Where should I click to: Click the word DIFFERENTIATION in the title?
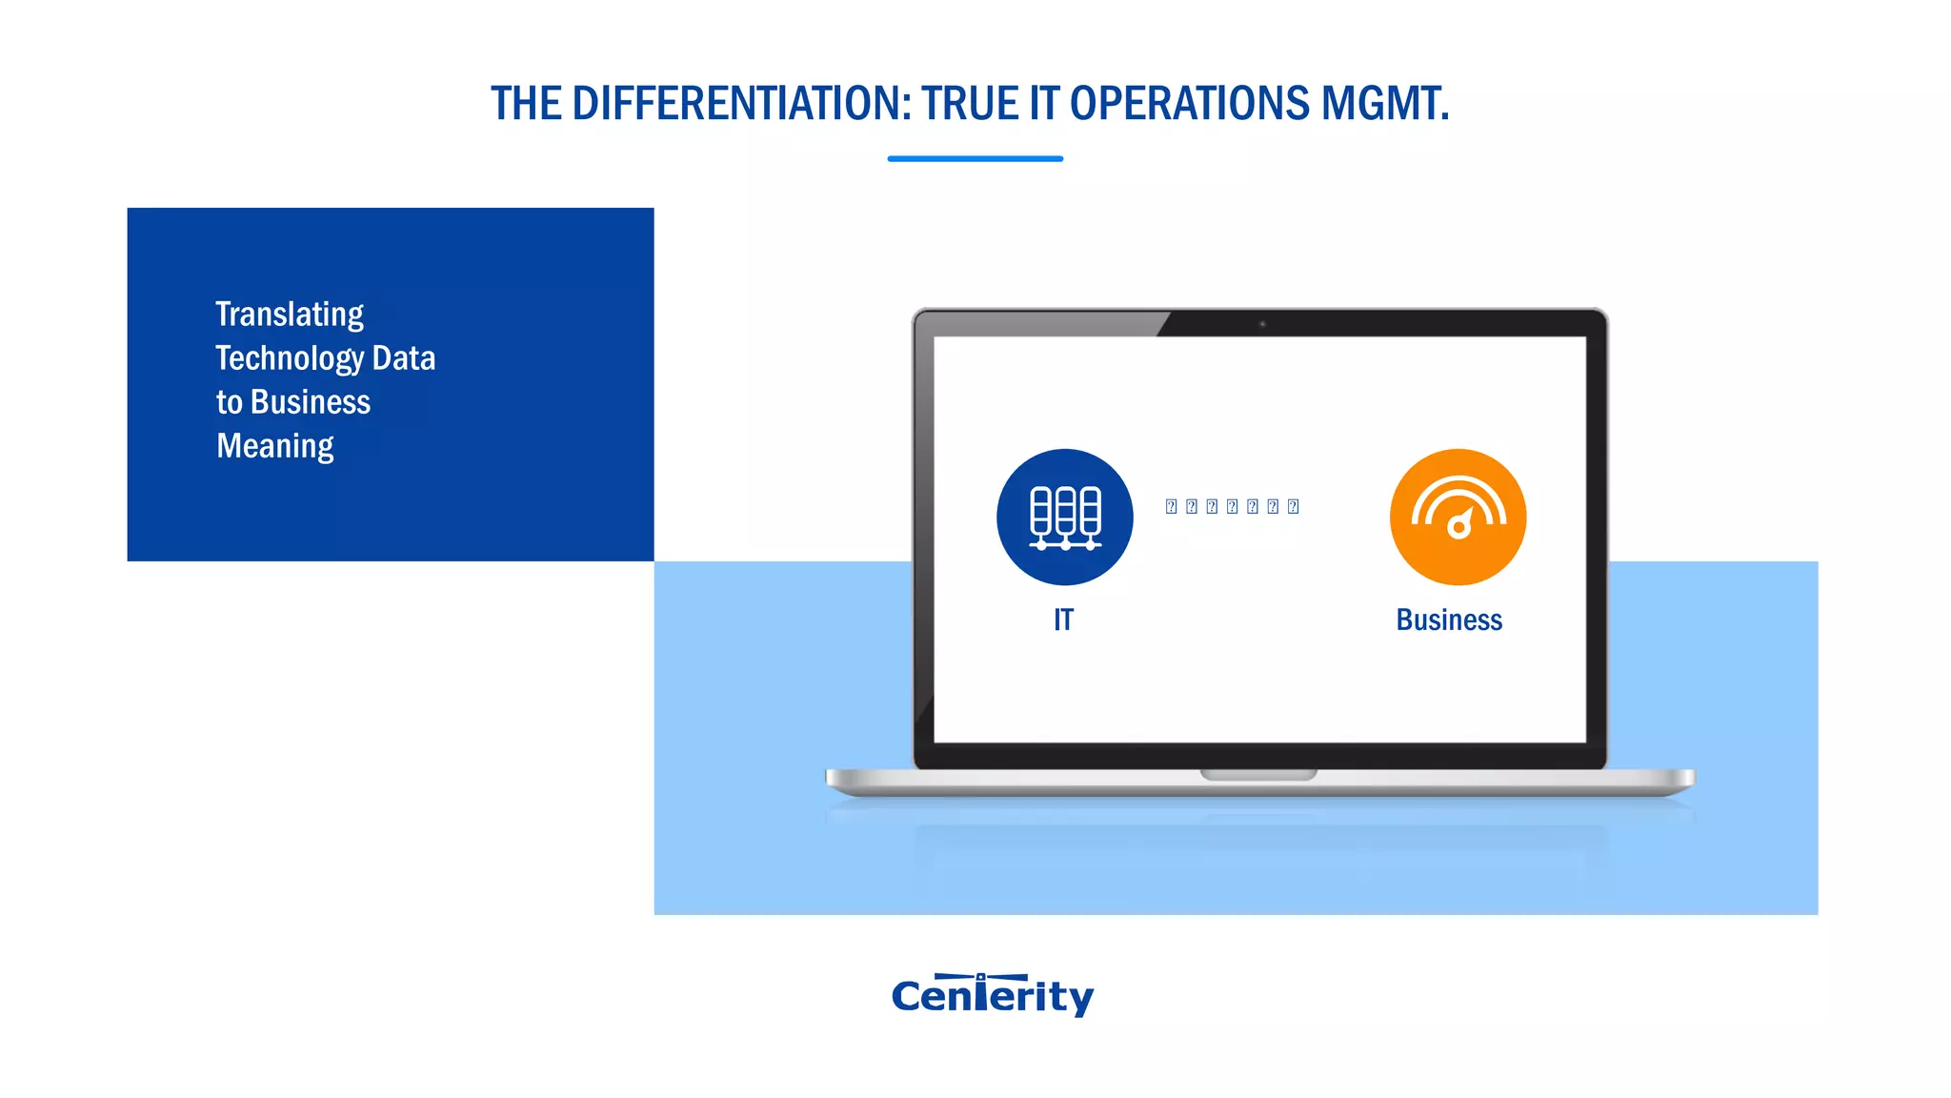coord(741,103)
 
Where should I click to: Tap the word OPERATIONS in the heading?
coord(1190,103)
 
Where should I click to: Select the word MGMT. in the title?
coord(1385,103)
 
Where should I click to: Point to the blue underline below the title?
coord(975,158)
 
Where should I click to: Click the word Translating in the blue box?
coord(290,315)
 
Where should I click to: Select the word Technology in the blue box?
coord(290,358)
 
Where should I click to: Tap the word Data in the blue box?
coord(404,358)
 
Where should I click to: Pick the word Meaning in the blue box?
coord(274,446)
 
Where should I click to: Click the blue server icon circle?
coord(1064,517)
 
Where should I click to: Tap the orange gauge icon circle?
coord(1458,517)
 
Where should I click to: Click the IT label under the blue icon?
coord(1063,620)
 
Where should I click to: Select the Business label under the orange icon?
coord(1449,620)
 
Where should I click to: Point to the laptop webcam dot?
coord(1262,324)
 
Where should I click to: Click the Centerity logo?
coord(993,995)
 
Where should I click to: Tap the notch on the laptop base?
coord(1258,774)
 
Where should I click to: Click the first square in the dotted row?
coord(1171,506)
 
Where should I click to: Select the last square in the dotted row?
coord(1293,506)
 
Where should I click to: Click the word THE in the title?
coord(526,103)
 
